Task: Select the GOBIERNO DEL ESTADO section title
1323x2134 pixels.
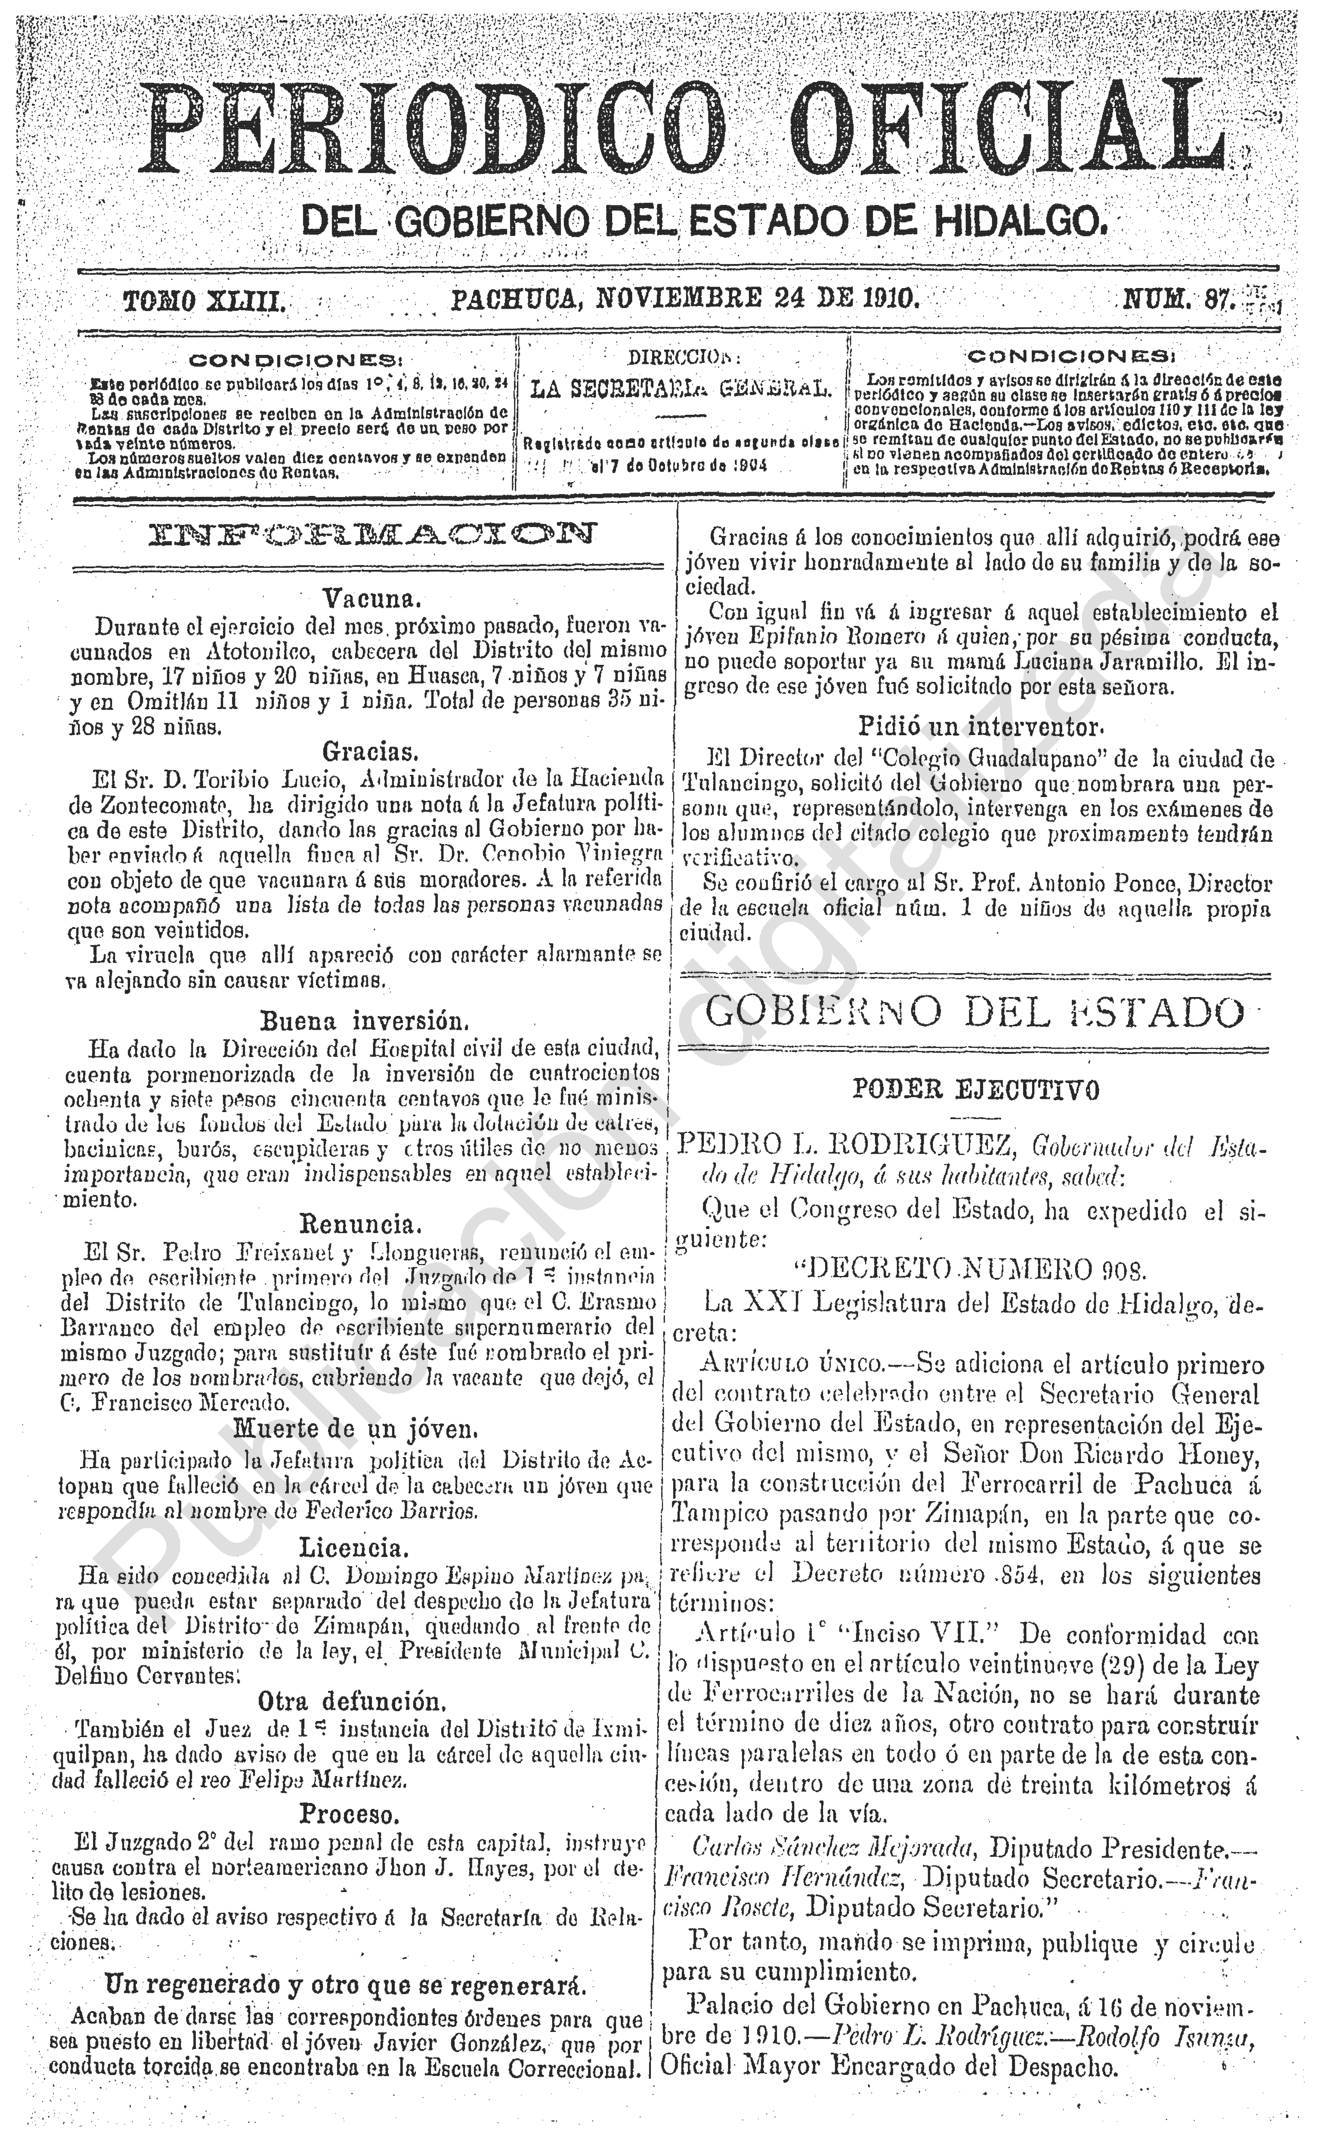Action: pyautogui.click(x=974, y=1012)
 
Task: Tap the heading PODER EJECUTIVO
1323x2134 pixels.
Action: pyautogui.click(x=976, y=1089)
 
